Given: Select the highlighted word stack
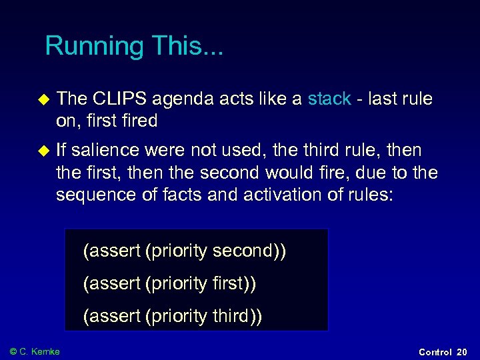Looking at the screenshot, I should click(x=329, y=99).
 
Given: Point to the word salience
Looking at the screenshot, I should click(x=107, y=151).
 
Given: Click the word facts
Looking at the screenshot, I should click(x=191, y=195).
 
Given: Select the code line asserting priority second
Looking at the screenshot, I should click(x=185, y=251).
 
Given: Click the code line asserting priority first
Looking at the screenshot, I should click(x=169, y=284).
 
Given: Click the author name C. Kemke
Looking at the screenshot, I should click(x=40, y=351).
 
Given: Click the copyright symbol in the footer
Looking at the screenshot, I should click(x=13, y=351).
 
